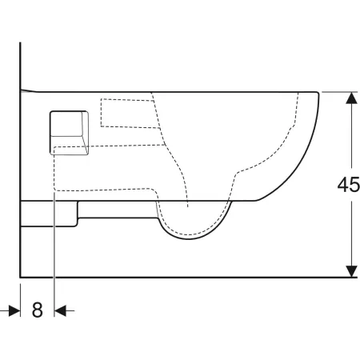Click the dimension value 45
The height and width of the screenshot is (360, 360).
click(347, 185)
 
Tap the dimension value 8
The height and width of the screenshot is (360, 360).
click(37, 310)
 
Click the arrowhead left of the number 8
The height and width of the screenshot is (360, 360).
click(14, 310)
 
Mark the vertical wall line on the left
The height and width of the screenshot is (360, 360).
click(19, 160)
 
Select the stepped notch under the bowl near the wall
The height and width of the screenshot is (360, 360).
click(77, 212)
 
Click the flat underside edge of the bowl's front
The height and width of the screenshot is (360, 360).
click(240, 201)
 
